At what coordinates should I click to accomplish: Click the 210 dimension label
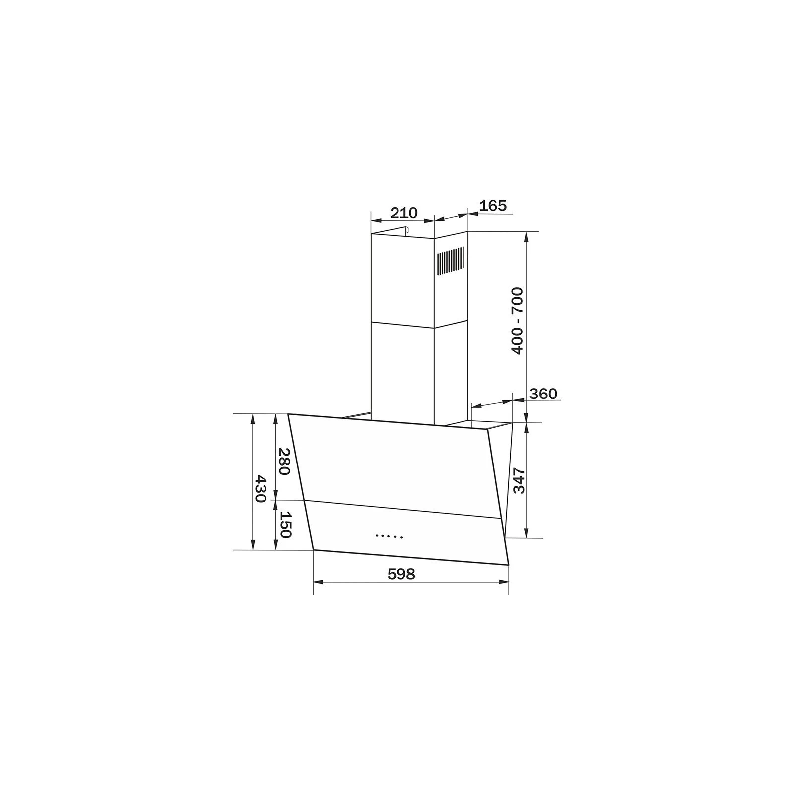tap(403, 213)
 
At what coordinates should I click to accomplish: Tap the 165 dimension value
tap(493, 205)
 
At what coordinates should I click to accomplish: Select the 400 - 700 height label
tap(517, 321)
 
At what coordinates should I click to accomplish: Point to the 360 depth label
tap(543, 394)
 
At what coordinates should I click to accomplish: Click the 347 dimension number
tap(519, 480)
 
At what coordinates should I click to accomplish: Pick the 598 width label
tap(401, 574)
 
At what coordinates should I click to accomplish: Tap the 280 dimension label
tap(283, 461)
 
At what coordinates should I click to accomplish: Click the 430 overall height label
tap(260, 489)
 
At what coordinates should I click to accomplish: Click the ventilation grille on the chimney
tap(451, 262)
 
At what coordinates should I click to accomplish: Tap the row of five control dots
tap(389, 536)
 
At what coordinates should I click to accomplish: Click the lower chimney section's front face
tap(402, 372)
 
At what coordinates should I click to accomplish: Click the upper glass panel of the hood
tap(397, 462)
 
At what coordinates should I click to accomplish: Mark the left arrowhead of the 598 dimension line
tap(318, 581)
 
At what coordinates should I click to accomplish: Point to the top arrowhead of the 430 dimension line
tap(253, 418)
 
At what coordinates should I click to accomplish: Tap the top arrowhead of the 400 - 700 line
tap(527, 236)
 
